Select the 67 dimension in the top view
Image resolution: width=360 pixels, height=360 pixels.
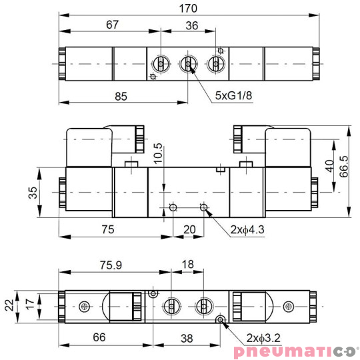[112, 25]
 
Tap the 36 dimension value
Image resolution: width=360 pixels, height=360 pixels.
[191, 25]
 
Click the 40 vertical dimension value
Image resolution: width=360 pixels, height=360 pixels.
[328, 165]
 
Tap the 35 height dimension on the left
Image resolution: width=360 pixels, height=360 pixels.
[33, 193]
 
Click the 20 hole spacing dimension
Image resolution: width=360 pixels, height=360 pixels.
[190, 229]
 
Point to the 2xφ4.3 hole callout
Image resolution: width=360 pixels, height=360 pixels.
[249, 230]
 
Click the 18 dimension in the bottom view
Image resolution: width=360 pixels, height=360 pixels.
[187, 265]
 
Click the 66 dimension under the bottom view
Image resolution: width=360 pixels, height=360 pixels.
[98, 338]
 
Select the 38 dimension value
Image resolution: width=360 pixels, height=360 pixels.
[187, 338]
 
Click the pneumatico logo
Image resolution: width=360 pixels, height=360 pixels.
[295, 351]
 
